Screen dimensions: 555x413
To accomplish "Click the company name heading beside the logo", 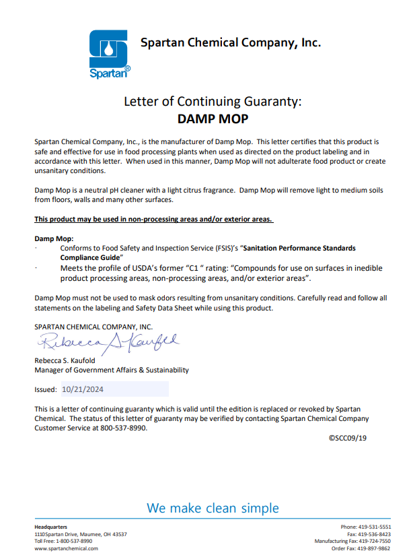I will pyautogui.click(x=230, y=42).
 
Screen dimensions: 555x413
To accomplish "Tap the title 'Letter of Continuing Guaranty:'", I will pyautogui.click(x=213, y=102).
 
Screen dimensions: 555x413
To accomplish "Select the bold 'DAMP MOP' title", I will pyautogui.click(x=213, y=120).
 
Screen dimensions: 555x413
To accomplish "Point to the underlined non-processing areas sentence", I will pyautogui.click(x=154, y=220).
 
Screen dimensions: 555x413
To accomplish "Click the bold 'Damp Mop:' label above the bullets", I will pyautogui.click(x=54, y=238).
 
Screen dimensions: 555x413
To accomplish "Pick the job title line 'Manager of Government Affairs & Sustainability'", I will pyautogui.click(x=112, y=370).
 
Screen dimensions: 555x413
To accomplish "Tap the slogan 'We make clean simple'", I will pyautogui.click(x=213, y=507).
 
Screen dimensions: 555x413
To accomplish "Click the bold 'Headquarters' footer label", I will pyautogui.click(x=50, y=527).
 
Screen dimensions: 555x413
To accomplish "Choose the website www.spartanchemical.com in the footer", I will pyautogui.click(x=66, y=548).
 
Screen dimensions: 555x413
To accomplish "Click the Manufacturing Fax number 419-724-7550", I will pyautogui.click(x=373, y=541).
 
